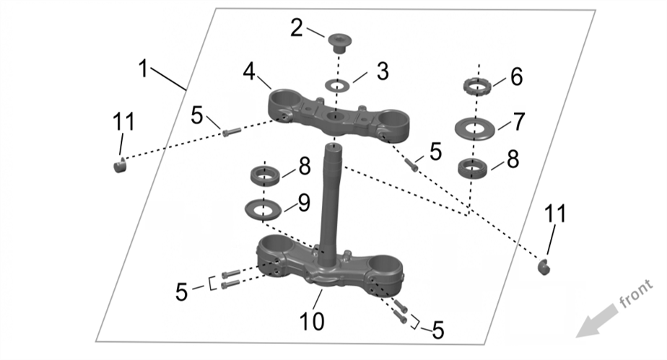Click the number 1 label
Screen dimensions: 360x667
click(144, 70)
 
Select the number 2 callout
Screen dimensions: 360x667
click(297, 28)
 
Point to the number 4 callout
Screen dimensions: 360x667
click(249, 71)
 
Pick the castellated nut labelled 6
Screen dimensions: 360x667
click(476, 89)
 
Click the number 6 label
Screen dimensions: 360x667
click(516, 77)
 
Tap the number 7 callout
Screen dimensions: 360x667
click(519, 122)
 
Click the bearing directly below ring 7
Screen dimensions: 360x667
click(475, 170)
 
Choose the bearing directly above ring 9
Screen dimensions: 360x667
click(265, 175)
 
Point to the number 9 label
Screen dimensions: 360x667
click(303, 202)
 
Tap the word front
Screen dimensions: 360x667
click(636, 297)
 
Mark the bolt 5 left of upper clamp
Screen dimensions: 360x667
click(230, 133)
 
